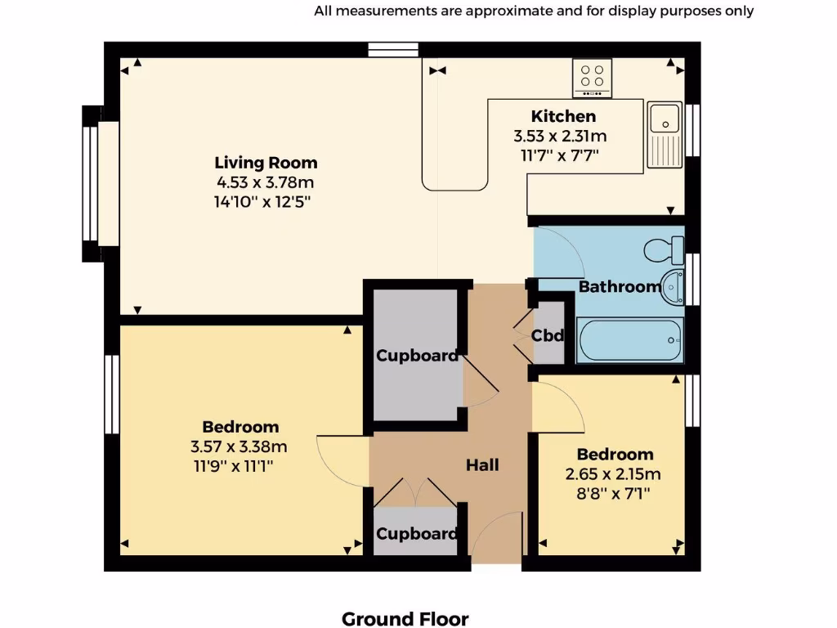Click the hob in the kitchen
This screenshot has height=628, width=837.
(593, 76)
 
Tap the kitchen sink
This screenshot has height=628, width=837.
(665, 135)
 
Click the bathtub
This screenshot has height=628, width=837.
(629, 340)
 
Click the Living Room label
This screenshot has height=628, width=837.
(266, 163)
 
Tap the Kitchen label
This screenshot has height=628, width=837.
(563, 116)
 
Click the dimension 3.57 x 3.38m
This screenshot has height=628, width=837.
(239, 446)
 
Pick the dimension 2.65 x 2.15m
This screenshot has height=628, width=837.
(613, 474)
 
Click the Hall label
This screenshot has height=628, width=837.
(482, 465)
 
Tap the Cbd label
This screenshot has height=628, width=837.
(548, 335)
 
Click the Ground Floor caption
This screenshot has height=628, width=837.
(405, 619)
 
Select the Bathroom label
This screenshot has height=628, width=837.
(619, 287)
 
